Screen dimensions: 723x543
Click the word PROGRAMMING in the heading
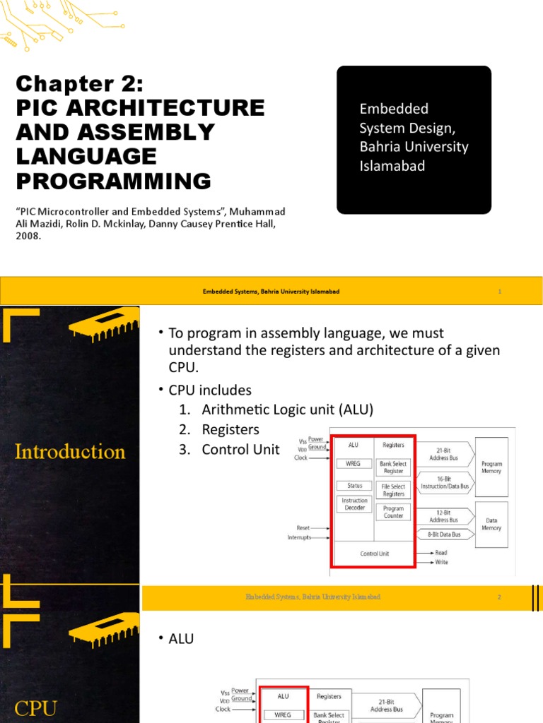click(x=113, y=181)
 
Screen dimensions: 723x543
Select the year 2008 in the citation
click(x=28, y=237)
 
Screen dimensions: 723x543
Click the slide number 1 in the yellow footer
click(x=500, y=292)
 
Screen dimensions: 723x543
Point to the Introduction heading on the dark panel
click(x=70, y=451)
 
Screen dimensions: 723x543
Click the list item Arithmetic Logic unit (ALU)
click(x=287, y=410)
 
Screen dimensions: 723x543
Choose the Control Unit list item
click(x=240, y=449)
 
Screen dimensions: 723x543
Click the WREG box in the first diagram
click(x=354, y=464)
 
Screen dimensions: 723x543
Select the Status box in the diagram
click(x=354, y=486)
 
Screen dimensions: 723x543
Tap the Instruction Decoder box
click(x=354, y=503)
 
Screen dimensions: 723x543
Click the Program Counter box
click(x=393, y=511)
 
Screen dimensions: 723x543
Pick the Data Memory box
click(x=491, y=523)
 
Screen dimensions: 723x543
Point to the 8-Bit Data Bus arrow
click(x=443, y=534)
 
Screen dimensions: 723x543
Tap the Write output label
click(x=441, y=562)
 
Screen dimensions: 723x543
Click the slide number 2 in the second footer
click(x=499, y=597)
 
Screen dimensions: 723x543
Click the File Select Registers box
click(x=393, y=490)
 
